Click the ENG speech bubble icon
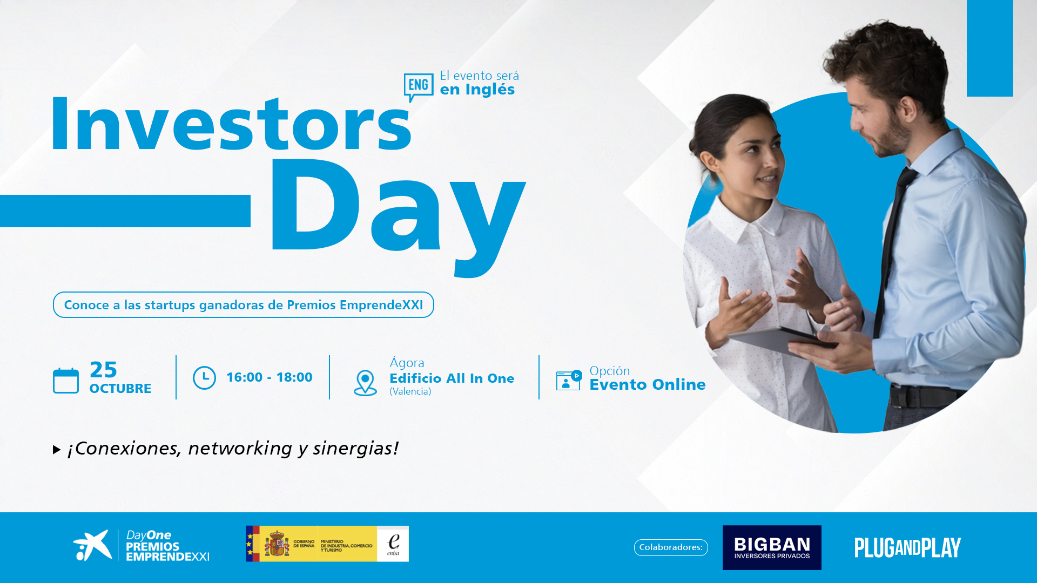[x=419, y=86]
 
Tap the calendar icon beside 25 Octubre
[x=66, y=381]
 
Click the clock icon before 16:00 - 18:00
[x=204, y=378]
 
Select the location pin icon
[x=365, y=383]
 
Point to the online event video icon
[x=569, y=380]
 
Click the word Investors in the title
[x=231, y=124]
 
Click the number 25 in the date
[x=103, y=370]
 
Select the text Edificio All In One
[x=452, y=378]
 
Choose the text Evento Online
[x=648, y=384]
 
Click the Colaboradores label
[x=671, y=547]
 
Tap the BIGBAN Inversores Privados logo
[x=772, y=547]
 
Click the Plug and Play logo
[x=907, y=547]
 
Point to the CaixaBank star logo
[x=92, y=545]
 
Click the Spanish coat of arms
[x=277, y=544]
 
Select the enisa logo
[x=393, y=544]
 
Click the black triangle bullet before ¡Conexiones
[x=57, y=450]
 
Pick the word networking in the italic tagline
[x=240, y=449]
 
